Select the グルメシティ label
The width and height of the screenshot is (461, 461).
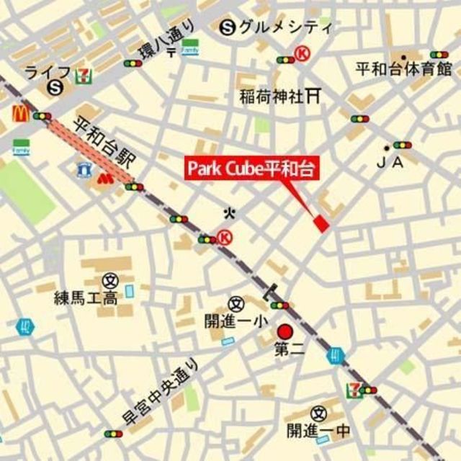pyautogui.click(x=285, y=28)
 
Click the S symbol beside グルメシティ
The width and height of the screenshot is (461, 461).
pyautogui.click(x=228, y=28)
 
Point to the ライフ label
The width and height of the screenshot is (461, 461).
pyautogui.click(x=48, y=71)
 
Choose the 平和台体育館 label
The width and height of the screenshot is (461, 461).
pyautogui.click(x=403, y=69)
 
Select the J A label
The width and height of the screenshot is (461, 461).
pyautogui.click(x=390, y=163)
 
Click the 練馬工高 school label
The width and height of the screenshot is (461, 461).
pyautogui.click(x=86, y=297)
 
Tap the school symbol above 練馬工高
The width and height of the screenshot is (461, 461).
pyautogui.click(x=109, y=279)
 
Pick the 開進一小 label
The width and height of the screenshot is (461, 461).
pyautogui.click(x=236, y=321)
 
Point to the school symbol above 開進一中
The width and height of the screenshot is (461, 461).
pyautogui.click(x=318, y=413)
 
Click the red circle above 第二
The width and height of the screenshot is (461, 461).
pyautogui.click(x=285, y=332)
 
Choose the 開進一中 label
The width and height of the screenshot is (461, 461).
pyautogui.click(x=318, y=431)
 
